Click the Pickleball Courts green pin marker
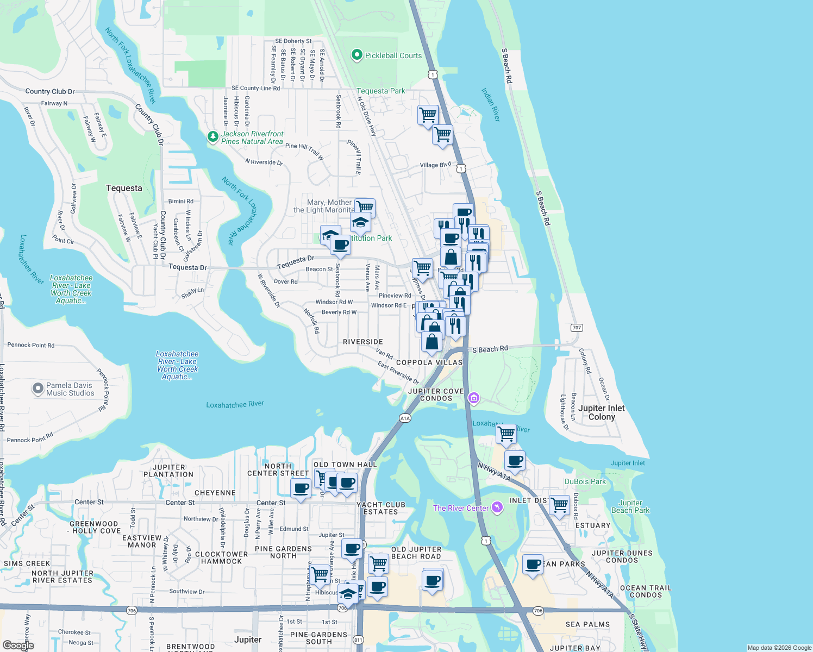[357, 55]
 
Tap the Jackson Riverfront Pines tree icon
[213, 137]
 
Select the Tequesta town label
[124, 188]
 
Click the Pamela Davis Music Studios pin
[37, 388]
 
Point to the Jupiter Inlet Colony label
[601, 412]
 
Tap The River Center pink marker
[497, 508]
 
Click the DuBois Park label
[585, 481]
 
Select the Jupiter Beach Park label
[630, 506]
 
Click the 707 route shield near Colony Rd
[577, 328]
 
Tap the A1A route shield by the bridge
[405, 418]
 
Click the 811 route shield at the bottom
[358, 640]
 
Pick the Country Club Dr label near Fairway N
[50, 91]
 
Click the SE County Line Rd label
[255, 88]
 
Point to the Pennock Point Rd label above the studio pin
[31, 345]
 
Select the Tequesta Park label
[380, 91]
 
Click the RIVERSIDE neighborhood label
[363, 342]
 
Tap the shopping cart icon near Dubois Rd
[559, 505]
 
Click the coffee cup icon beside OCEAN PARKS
[533, 564]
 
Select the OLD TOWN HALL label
[345, 465]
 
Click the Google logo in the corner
[18, 645]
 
